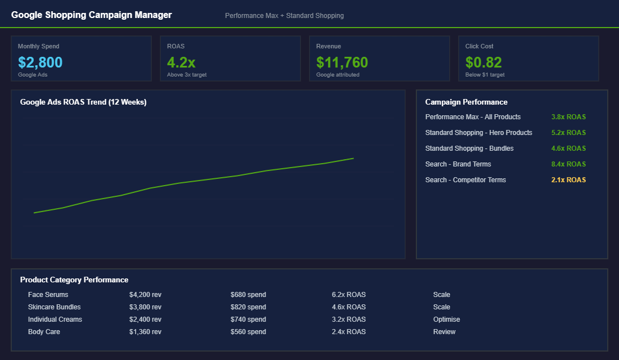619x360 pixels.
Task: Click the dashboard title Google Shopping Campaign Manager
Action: [91, 15]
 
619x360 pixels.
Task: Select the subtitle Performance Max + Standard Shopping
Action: [284, 16]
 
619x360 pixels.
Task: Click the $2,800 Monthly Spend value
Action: [40, 62]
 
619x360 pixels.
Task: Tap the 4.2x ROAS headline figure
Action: [181, 62]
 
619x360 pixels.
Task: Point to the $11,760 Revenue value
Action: [342, 62]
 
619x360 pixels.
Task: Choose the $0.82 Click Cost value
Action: [483, 62]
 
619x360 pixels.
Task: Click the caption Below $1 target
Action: [485, 75]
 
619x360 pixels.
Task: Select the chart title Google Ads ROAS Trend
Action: [83, 102]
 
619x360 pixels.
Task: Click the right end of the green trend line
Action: [353, 159]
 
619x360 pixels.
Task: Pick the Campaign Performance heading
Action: [466, 102]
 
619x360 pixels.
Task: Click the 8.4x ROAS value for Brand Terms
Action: [568, 164]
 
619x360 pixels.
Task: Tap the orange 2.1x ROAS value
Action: [568, 180]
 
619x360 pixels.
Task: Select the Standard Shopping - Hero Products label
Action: [478, 133]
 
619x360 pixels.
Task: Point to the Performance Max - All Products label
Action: [473, 117]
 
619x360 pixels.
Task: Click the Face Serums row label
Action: [48, 295]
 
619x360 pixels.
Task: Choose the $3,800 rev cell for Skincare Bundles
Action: [145, 307]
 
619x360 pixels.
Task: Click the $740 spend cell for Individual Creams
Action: [248, 319]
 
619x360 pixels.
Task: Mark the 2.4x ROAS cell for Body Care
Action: [348, 332]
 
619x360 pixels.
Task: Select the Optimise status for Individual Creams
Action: [446, 319]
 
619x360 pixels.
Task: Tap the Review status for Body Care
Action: [444, 332]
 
